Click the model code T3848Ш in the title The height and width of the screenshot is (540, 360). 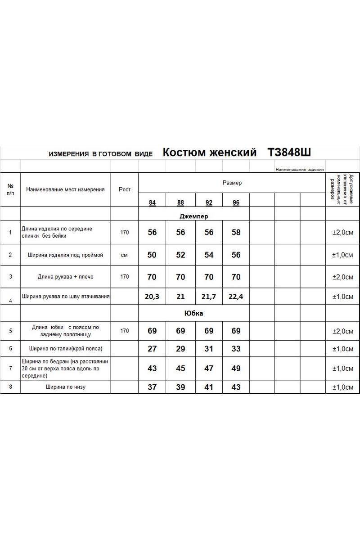point(289,153)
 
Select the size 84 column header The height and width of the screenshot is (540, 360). point(152,203)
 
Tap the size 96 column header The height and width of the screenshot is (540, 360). point(236,203)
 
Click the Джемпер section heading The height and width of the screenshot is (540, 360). point(194,216)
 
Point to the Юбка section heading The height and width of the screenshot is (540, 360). point(194,313)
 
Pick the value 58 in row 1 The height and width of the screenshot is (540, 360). point(236,233)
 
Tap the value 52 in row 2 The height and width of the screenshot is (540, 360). point(180,255)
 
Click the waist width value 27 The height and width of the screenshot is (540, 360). point(152,349)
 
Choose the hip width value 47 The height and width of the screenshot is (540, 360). point(209,369)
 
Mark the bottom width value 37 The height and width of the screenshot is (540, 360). point(152,387)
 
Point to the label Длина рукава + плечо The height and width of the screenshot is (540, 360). point(66,277)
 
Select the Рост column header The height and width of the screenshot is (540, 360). point(125,189)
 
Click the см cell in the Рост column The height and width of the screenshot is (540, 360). point(125,255)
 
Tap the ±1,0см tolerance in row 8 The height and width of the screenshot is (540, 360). point(342,387)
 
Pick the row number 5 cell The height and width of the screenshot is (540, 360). point(10,331)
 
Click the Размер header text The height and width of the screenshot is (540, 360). point(232,183)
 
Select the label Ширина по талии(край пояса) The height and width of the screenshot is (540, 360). point(66,349)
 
